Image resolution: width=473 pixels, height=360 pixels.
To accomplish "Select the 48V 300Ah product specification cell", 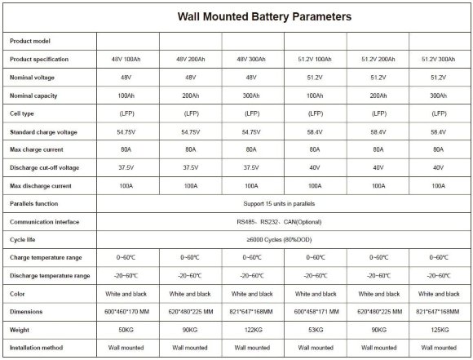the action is pyautogui.click(x=253, y=60).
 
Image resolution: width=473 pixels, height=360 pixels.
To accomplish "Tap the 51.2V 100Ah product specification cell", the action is pyautogui.click(x=315, y=60).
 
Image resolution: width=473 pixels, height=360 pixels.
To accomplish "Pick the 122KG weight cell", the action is pyautogui.click(x=253, y=329).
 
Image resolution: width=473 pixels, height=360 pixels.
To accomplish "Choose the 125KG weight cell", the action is pyautogui.click(x=440, y=329).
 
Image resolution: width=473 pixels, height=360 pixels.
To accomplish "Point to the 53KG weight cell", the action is pyautogui.click(x=315, y=329).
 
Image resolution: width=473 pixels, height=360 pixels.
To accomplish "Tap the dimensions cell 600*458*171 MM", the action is pyautogui.click(x=315, y=311).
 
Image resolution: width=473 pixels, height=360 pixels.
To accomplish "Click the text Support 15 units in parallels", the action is pyautogui.click(x=284, y=203).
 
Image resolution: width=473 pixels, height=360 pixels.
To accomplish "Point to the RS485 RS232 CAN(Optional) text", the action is pyautogui.click(x=284, y=221).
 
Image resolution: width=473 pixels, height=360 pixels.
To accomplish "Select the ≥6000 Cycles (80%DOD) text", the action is pyautogui.click(x=284, y=239).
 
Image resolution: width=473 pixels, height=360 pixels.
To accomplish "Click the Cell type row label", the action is pyautogui.click(x=23, y=113).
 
